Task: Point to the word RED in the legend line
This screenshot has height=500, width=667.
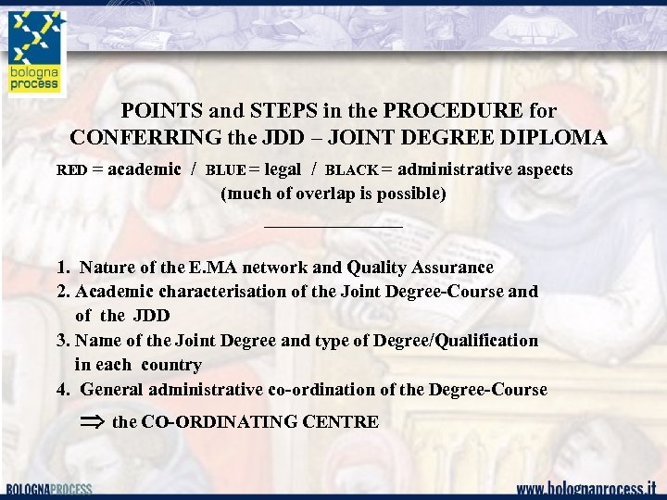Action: click(71, 170)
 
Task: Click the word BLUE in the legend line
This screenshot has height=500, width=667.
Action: click(225, 170)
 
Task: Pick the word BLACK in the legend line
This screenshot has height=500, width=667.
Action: click(352, 170)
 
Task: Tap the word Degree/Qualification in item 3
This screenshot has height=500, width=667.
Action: click(456, 341)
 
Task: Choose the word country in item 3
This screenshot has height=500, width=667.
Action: click(171, 365)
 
